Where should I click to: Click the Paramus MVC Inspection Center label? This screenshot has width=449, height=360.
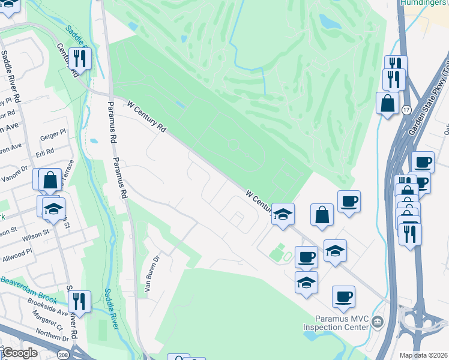click(343, 323)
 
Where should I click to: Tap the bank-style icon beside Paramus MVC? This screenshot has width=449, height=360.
click(377, 322)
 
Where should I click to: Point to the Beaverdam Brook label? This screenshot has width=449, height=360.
click(29, 290)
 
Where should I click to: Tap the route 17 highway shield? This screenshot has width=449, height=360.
click(406, 110)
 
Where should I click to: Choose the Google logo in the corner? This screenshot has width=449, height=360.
click(19, 353)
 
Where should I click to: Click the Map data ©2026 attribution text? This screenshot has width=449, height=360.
click(424, 355)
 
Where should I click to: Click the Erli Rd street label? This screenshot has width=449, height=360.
click(45, 151)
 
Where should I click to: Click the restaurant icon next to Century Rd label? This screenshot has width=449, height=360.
click(79, 58)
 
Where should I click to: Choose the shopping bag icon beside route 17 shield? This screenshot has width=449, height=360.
click(387, 102)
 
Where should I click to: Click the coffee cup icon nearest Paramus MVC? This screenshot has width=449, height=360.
click(343, 296)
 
